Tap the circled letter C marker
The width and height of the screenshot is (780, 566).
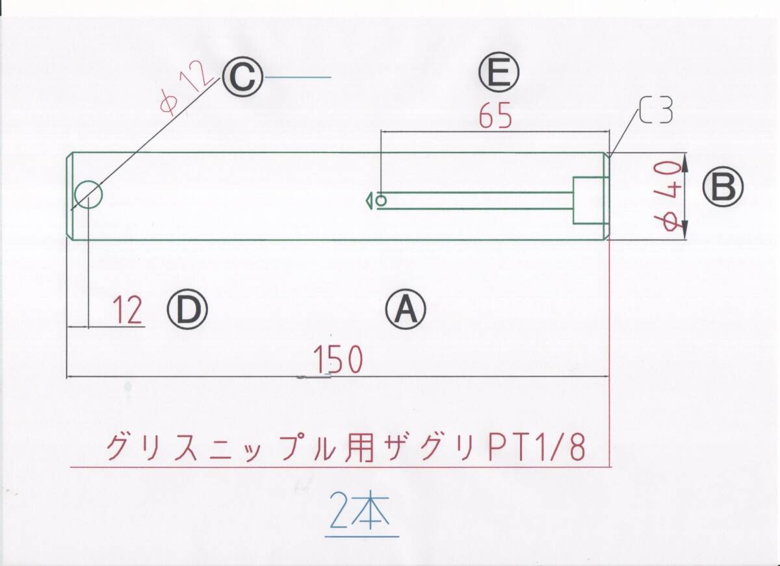(x=242, y=79)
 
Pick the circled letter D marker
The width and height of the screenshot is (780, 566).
(x=187, y=310)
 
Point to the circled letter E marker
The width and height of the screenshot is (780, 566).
(x=499, y=73)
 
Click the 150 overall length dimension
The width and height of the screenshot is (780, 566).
(x=337, y=361)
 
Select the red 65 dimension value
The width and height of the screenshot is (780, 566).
(x=496, y=117)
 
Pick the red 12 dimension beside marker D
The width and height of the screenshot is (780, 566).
(x=127, y=311)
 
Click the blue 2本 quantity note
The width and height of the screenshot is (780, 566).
(x=360, y=511)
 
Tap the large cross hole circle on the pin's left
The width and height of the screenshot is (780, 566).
(x=88, y=195)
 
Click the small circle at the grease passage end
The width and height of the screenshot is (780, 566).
(x=382, y=201)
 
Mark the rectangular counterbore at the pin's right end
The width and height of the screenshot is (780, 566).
(x=589, y=200)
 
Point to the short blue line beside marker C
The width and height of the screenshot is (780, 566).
(x=299, y=78)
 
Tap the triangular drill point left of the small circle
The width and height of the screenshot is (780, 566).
(x=369, y=201)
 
